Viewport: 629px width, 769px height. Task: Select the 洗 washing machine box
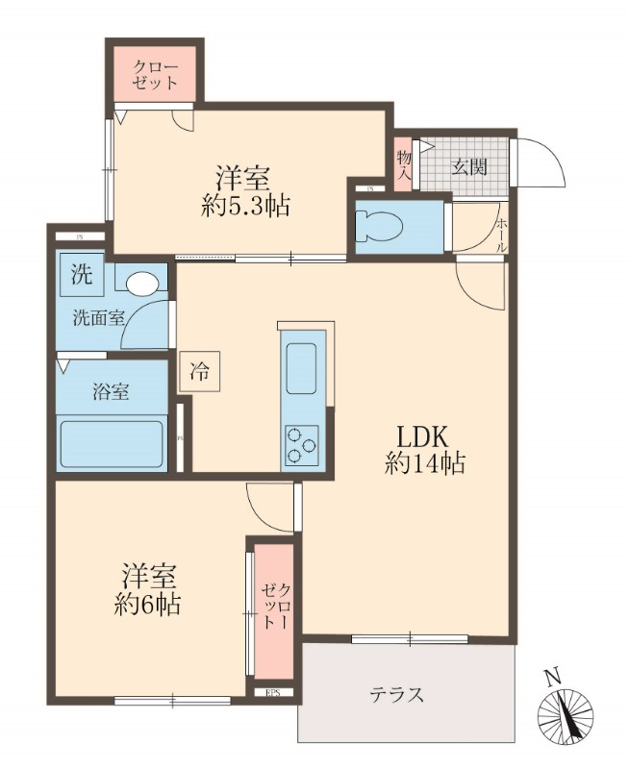coord(81,274)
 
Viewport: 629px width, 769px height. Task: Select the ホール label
coord(501,236)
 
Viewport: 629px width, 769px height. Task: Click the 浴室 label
coord(111,391)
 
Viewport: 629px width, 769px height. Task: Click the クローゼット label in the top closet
coord(155,75)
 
